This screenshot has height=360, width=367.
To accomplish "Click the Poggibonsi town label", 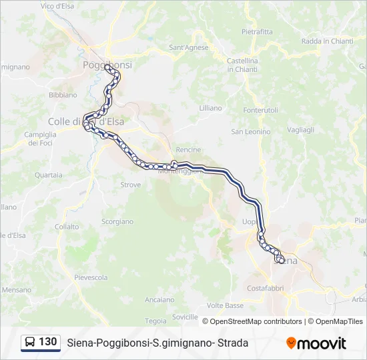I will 107,65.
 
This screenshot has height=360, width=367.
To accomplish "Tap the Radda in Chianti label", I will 327,41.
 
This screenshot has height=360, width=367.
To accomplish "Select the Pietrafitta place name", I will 257,31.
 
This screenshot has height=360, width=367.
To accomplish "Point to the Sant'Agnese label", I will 189,47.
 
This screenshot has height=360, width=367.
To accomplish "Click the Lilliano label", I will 210,107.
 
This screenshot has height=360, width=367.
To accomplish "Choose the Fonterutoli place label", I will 261,110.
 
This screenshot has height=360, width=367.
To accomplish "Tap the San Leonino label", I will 251,131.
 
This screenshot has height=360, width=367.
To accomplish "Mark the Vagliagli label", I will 300,130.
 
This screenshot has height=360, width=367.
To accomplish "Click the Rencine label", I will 188,150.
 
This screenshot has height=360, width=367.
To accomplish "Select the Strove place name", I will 130,185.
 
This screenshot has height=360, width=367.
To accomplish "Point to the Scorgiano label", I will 117,221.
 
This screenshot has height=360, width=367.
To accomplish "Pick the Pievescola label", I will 91,277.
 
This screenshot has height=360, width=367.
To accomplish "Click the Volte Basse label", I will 226,305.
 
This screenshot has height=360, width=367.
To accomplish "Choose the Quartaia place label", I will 49,175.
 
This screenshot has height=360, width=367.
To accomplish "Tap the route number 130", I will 47,342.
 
